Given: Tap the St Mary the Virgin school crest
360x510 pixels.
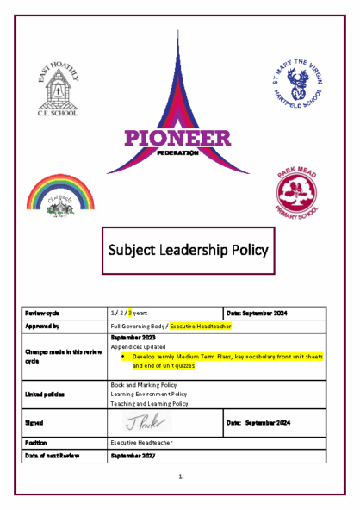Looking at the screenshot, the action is tap(300, 84).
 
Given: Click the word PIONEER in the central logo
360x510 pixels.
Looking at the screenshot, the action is tap(178, 138).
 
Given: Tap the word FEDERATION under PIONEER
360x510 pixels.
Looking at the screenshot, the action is tap(178, 152).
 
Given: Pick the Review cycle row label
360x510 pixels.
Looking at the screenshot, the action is tap(42, 314).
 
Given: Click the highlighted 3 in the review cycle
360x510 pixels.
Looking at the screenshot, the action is tap(129, 314).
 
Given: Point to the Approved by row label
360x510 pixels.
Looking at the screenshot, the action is tap(43, 327).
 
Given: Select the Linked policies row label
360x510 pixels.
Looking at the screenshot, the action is tap(46, 394).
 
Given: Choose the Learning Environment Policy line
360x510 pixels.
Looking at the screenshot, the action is tap(150, 394).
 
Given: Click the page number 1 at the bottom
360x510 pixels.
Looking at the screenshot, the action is tap(180, 476).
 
